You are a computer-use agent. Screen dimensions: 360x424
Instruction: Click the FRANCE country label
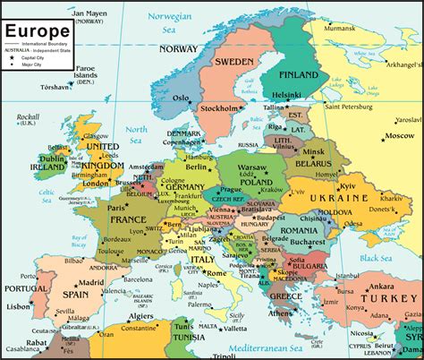tap(127, 219)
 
